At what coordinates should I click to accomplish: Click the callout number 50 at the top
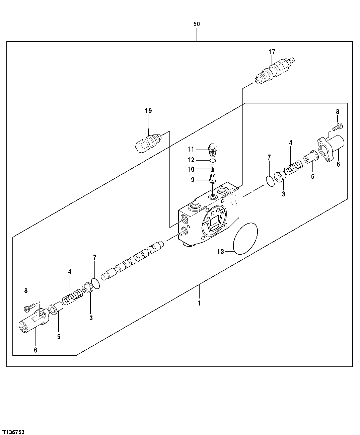(197, 24)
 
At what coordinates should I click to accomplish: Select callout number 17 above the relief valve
(272, 52)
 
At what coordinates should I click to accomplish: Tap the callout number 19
(148, 111)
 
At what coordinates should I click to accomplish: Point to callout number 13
(220, 252)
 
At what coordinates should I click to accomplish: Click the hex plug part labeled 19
(147, 143)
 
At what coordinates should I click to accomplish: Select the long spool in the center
(134, 261)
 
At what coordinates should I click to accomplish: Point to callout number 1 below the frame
(199, 304)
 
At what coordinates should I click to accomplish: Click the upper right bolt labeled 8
(338, 126)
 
